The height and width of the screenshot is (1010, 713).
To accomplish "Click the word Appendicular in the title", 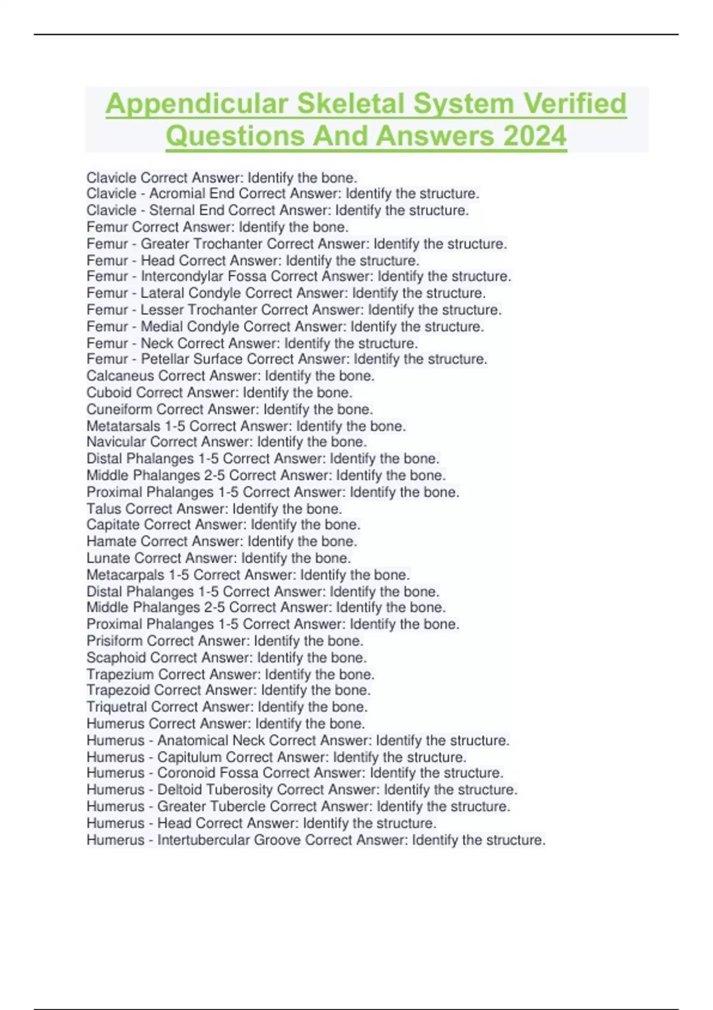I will (x=197, y=105).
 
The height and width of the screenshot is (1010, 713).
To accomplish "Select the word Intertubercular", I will (x=203, y=840).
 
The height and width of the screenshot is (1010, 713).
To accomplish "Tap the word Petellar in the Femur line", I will (x=166, y=359).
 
